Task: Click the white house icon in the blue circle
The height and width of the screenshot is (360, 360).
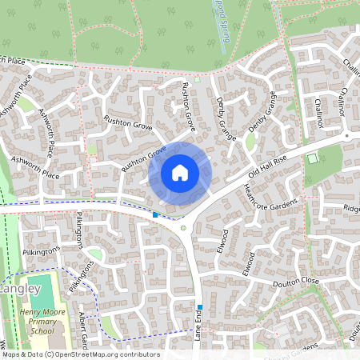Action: point(180,172)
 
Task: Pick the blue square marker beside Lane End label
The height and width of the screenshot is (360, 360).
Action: point(199,306)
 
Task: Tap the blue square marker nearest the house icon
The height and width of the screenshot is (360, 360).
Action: point(155,214)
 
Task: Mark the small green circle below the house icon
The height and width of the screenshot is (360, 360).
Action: point(183,229)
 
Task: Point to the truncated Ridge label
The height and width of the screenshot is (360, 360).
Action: point(351,208)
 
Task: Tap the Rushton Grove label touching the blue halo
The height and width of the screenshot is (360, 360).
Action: point(143,159)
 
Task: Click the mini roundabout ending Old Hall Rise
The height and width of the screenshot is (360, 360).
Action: point(346,136)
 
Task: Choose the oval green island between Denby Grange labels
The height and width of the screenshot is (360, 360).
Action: point(250,142)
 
